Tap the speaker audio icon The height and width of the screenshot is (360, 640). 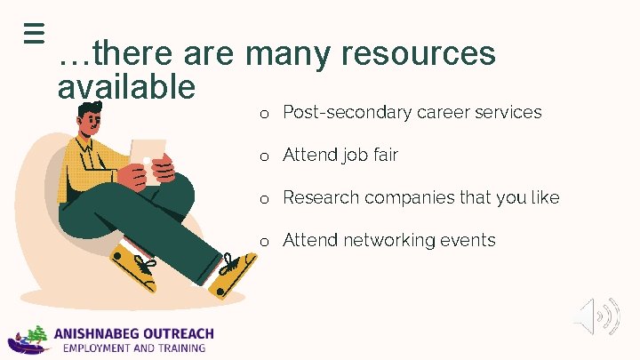(596, 316)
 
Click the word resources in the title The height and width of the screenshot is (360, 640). (419, 53)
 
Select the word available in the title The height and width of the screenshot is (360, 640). (125, 87)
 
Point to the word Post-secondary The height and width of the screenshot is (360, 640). (346, 112)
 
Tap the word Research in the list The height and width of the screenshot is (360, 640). (321, 197)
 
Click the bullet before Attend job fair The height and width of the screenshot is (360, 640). (264, 156)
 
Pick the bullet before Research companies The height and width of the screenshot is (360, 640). (264, 199)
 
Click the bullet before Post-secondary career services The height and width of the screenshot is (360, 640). (264, 114)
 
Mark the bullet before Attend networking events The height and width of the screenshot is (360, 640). (264, 242)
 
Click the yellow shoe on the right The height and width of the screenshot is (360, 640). (232, 276)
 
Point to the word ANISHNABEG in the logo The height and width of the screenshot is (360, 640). (100, 334)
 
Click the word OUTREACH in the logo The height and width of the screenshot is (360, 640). (180, 334)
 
